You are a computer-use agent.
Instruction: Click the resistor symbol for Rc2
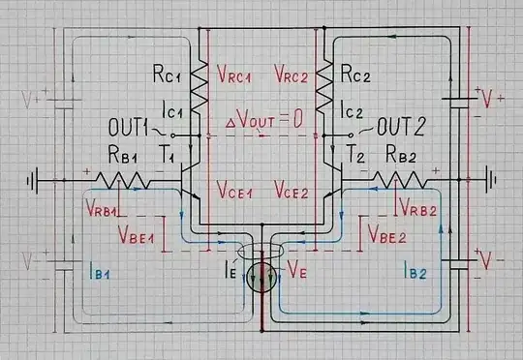[x=329, y=88]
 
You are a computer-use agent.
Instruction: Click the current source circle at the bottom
[x=261, y=281]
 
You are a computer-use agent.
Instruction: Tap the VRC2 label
[x=293, y=73]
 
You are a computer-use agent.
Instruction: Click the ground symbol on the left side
[x=36, y=180]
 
